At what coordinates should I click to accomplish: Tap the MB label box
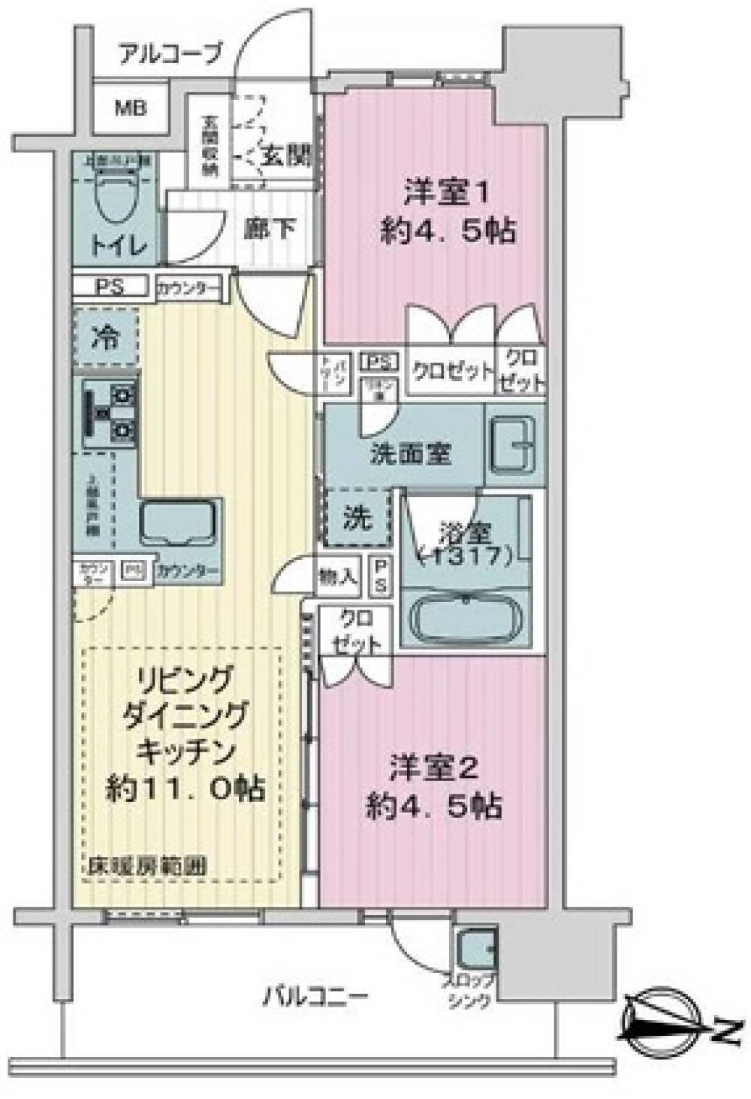pyautogui.click(x=131, y=108)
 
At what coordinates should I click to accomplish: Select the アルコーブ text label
pyautogui.click(x=171, y=53)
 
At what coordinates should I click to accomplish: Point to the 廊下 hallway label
pyautogui.click(x=271, y=228)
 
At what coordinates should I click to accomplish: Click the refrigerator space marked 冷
pyautogui.click(x=107, y=338)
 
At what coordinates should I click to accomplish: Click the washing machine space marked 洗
pyautogui.click(x=357, y=517)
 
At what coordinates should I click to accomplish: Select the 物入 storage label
pyautogui.click(x=337, y=577)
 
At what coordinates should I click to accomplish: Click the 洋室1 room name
pyautogui.click(x=448, y=192)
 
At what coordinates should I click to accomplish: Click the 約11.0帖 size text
pyautogui.click(x=185, y=789)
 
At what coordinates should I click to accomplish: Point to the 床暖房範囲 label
pyautogui.click(x=144, y=867)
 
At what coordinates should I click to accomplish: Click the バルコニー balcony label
pyautogui.click(x=315, y=998)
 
